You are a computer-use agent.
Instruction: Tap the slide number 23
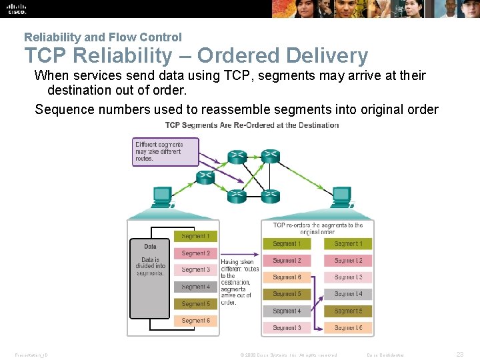[x=460, y=355]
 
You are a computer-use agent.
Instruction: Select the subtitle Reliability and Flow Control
[x=103, y=37]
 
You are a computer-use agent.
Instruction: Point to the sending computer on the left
[x=162, y=195]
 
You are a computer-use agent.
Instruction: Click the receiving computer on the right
[x=341, y=195]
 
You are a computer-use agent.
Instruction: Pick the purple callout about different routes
[x=166, y=151]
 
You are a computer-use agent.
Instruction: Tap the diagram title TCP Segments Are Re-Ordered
[x=252, y=125]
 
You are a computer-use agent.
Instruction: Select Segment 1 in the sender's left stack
[x=195, y=236]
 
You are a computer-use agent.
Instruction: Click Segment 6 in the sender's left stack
[x=195, y=321]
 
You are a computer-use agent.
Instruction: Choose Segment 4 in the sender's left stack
[x=195, y=287]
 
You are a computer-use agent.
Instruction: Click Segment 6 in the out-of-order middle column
[x=287, y=277]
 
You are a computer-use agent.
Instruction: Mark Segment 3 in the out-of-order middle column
[x=287, y=328]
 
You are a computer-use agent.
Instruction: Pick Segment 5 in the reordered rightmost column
[x=348, y=311]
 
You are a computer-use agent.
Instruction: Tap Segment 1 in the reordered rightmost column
[x=348, y=244]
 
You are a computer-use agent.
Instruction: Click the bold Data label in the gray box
[x=150, y=247]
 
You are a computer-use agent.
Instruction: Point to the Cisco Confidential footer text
[x=385, y=355]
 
